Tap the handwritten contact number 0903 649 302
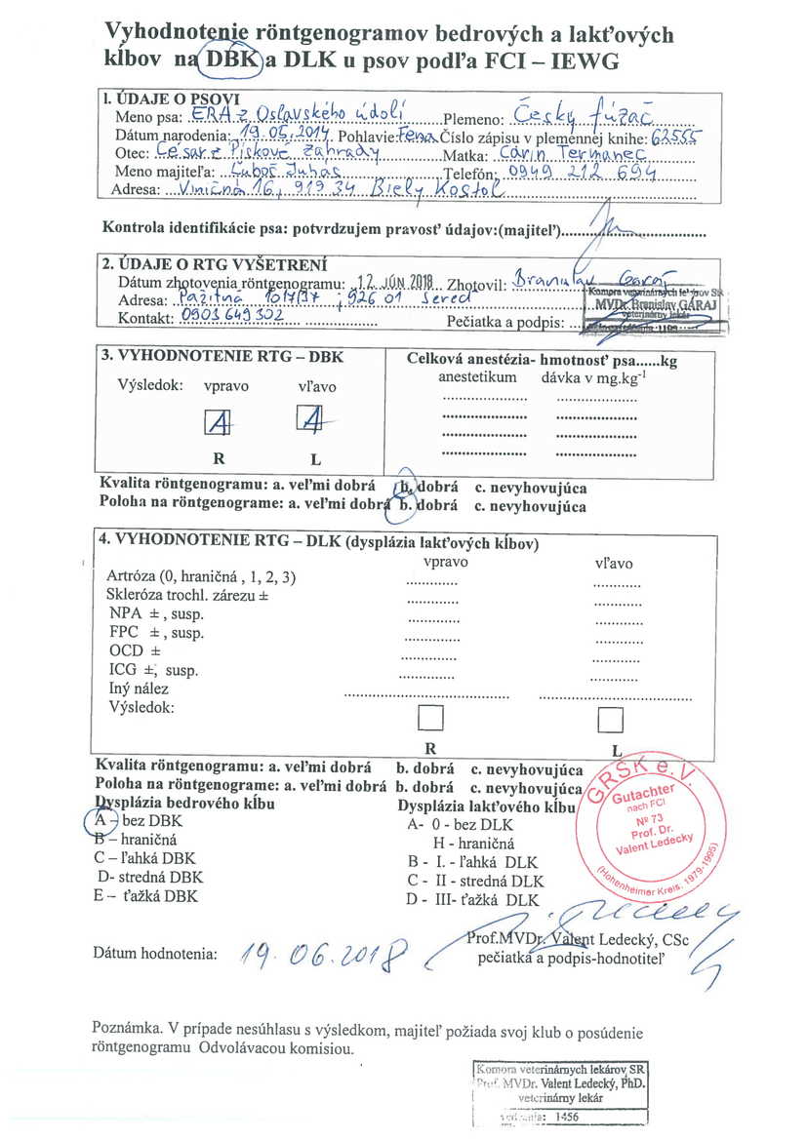pos(225,317)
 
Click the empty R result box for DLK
pos(429,719)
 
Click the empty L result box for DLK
pos(611,720)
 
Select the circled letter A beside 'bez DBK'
pos(101,820)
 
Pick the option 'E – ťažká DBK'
pos(145,895)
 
